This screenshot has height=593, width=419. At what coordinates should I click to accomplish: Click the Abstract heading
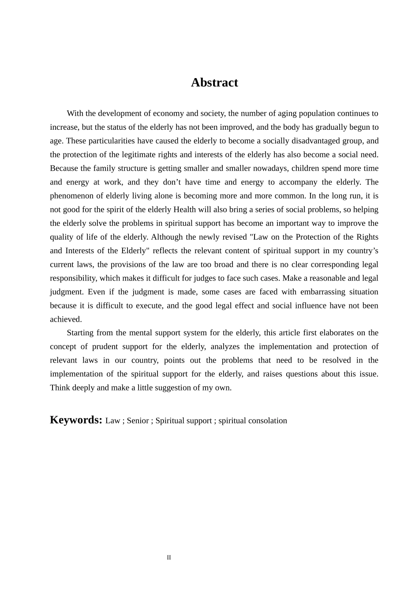pos(214,83)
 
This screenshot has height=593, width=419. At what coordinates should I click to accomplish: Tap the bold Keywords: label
pos(76,420)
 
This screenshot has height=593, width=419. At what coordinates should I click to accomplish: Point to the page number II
pos(169,558)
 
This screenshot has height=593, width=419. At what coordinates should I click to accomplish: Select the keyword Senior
pos(138,420)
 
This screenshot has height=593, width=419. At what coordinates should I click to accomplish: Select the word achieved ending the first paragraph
pos(65,319)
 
